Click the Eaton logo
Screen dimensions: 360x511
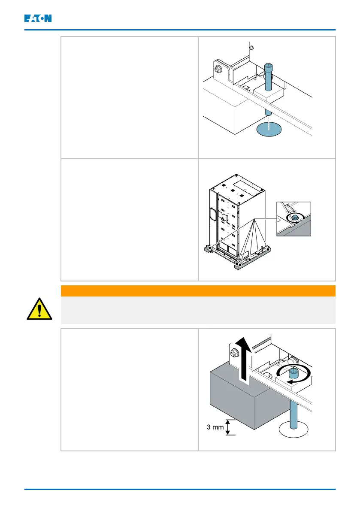pyautogui.click(x=38, y=18)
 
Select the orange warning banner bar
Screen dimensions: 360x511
pyautogui.click(x=198, y=291)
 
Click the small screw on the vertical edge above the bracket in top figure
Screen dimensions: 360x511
pyautogui.click(x=251, y=47)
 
